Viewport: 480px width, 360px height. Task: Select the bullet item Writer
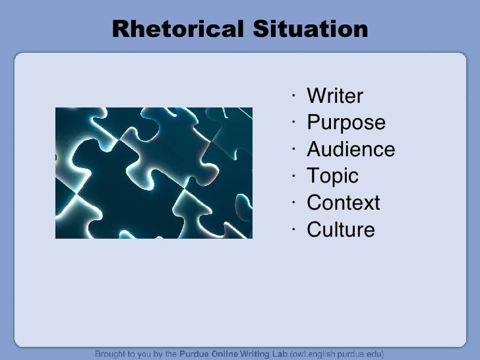[x=335, y=96]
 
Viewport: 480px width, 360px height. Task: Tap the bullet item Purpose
[x=346, y=123]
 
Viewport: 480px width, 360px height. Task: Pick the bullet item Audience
[x=351, y=150]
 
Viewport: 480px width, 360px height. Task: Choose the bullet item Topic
[x=332, y=176]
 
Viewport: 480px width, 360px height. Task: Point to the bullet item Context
[x=344, y=203]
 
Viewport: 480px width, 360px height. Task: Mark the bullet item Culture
[x=341, y=229]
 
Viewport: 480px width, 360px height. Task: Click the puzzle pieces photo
[x=154, y=173]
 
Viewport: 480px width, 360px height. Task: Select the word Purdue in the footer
[x=196, y=354]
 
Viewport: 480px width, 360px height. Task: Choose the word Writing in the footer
[x=253, y=354]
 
